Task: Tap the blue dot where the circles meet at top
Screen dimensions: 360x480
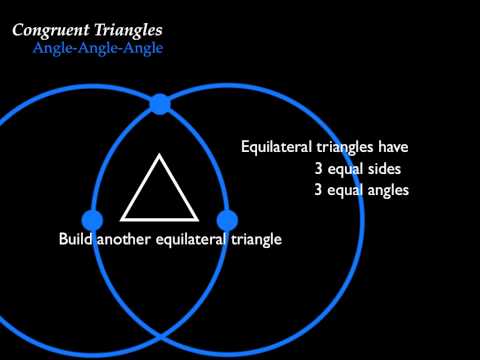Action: coord(159,103)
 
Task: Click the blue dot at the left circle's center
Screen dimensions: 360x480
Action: coord(92,218)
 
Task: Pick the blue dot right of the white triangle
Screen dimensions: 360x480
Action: coord(226,218)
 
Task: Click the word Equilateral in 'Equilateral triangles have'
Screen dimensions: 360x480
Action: coord(276,148)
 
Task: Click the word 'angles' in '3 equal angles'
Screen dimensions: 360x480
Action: coord(388,190)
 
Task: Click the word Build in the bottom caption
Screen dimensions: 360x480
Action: coord(76,240)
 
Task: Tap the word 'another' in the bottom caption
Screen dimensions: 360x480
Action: coord(125,240)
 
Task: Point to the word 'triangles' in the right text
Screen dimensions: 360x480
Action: coord(345,148)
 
